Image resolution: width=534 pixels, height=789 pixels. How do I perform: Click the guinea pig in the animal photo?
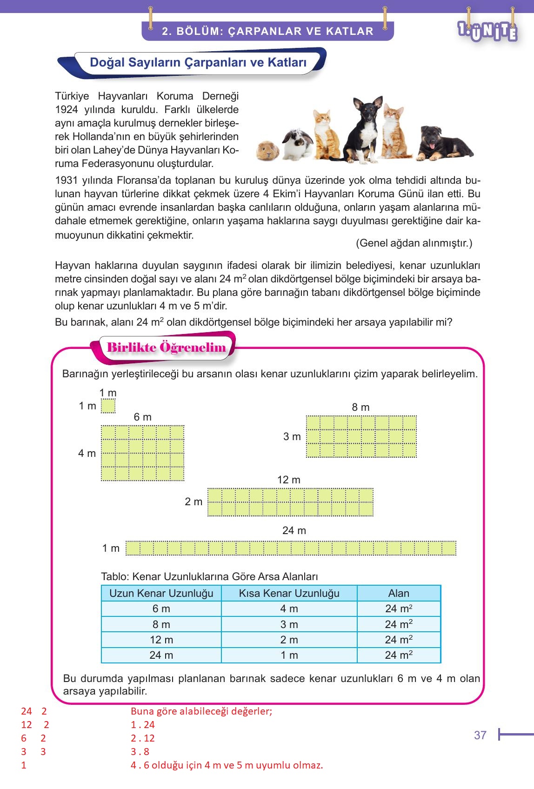coord(268,151)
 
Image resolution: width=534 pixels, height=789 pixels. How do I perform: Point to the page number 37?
coord(480,735)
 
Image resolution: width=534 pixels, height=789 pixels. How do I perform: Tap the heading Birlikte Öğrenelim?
coord(166,348)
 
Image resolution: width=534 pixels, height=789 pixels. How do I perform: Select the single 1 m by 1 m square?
coord(108,406)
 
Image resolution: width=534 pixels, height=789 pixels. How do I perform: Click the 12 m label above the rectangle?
coord(288,480)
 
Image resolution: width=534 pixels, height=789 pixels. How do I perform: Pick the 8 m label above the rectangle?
coord(360,407)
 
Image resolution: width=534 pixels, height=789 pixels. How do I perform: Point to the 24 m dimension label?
coord(294,530)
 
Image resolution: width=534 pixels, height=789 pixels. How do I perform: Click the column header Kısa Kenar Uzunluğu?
coord(289,593)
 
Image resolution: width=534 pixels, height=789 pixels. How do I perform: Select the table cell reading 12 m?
coord(161,640)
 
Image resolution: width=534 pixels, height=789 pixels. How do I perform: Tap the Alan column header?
coord(399,593)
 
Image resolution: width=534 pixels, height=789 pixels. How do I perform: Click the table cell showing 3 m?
coord(289,624)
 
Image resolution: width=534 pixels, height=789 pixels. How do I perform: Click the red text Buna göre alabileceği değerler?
coord(201,711)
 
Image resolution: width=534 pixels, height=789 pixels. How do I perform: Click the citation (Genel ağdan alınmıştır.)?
coord(414,243)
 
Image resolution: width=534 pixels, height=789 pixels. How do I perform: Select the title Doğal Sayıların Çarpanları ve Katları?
coord(198,62)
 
